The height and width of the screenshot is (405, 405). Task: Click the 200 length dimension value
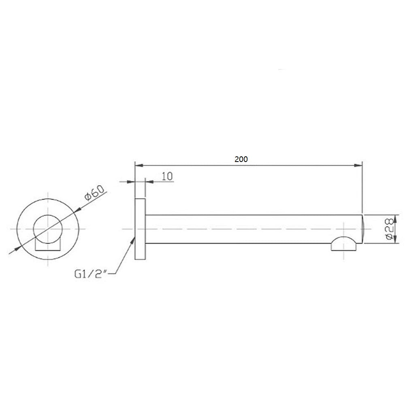click(241, 160)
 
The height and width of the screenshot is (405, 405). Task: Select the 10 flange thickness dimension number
click(167, 176)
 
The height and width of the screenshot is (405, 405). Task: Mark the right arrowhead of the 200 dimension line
click(358, 165)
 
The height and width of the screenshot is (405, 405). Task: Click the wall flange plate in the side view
click(140, 229)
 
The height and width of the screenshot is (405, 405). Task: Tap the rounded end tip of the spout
click(363, 229)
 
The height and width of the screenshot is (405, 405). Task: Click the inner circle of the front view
click(48, 229)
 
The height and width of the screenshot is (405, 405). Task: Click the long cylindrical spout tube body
click(243, 229)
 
